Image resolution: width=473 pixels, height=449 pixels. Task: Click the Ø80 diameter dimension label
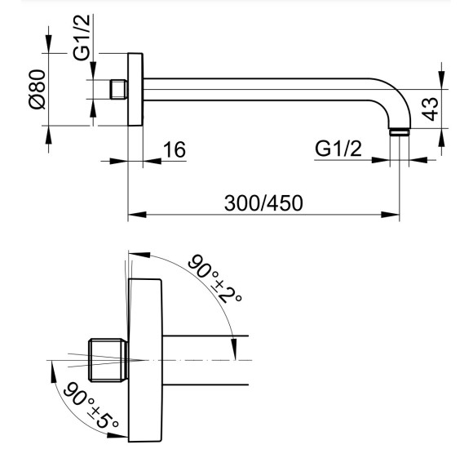[38, 89]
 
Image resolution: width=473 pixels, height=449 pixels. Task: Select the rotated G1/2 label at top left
[82, 37]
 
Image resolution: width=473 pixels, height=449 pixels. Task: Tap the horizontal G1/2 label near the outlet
[338, 149]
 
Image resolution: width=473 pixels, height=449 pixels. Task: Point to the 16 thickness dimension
[174, 149]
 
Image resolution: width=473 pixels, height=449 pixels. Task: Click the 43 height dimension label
[429, 109]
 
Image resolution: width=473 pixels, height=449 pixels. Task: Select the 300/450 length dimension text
[263, 203]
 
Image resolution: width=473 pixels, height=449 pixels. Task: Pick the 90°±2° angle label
[214, 278]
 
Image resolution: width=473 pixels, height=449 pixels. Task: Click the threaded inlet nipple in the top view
[118, 89]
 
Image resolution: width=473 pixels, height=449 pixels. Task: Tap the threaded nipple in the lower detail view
[108, 360]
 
